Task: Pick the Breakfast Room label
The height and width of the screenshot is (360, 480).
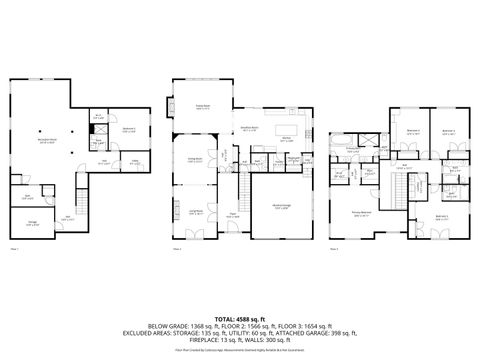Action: click(x=248, y=128)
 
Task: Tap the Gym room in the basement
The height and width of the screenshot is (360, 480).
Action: click(x=28, y=198)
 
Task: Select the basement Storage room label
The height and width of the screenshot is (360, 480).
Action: click(x=34, y=222)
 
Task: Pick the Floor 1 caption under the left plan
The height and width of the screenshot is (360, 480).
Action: click(x=15, y=249)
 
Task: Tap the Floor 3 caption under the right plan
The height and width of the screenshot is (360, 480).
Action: click(x=336, y=249)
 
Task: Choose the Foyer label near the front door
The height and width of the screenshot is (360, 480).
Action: click(x=231, y=214)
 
